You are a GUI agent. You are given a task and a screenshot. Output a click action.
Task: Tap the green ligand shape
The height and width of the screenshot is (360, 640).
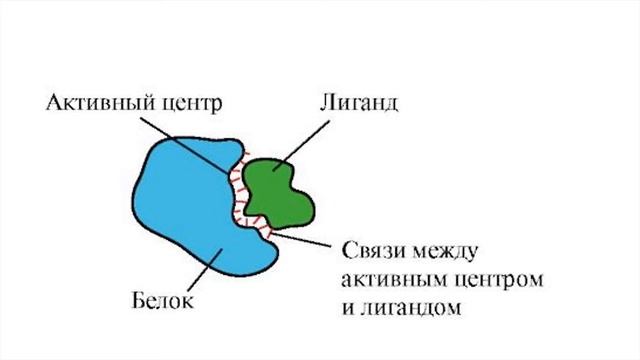279,190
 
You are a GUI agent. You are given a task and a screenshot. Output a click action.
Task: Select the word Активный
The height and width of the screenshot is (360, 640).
95,103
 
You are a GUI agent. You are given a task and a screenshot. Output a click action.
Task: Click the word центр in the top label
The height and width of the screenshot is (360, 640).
189,103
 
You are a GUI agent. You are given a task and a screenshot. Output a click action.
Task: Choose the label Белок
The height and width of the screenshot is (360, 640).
161,300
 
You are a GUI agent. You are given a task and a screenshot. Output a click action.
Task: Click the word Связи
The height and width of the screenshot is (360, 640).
376,249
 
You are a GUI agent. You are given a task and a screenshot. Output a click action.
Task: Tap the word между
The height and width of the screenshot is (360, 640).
450,249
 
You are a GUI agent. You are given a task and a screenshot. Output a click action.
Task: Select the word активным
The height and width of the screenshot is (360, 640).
391,277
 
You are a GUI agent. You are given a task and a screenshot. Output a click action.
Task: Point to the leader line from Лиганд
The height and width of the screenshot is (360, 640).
304,140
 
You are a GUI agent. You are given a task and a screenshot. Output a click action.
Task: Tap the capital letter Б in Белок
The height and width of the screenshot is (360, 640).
137,300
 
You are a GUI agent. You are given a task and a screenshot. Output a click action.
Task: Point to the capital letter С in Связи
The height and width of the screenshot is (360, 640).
348,249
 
